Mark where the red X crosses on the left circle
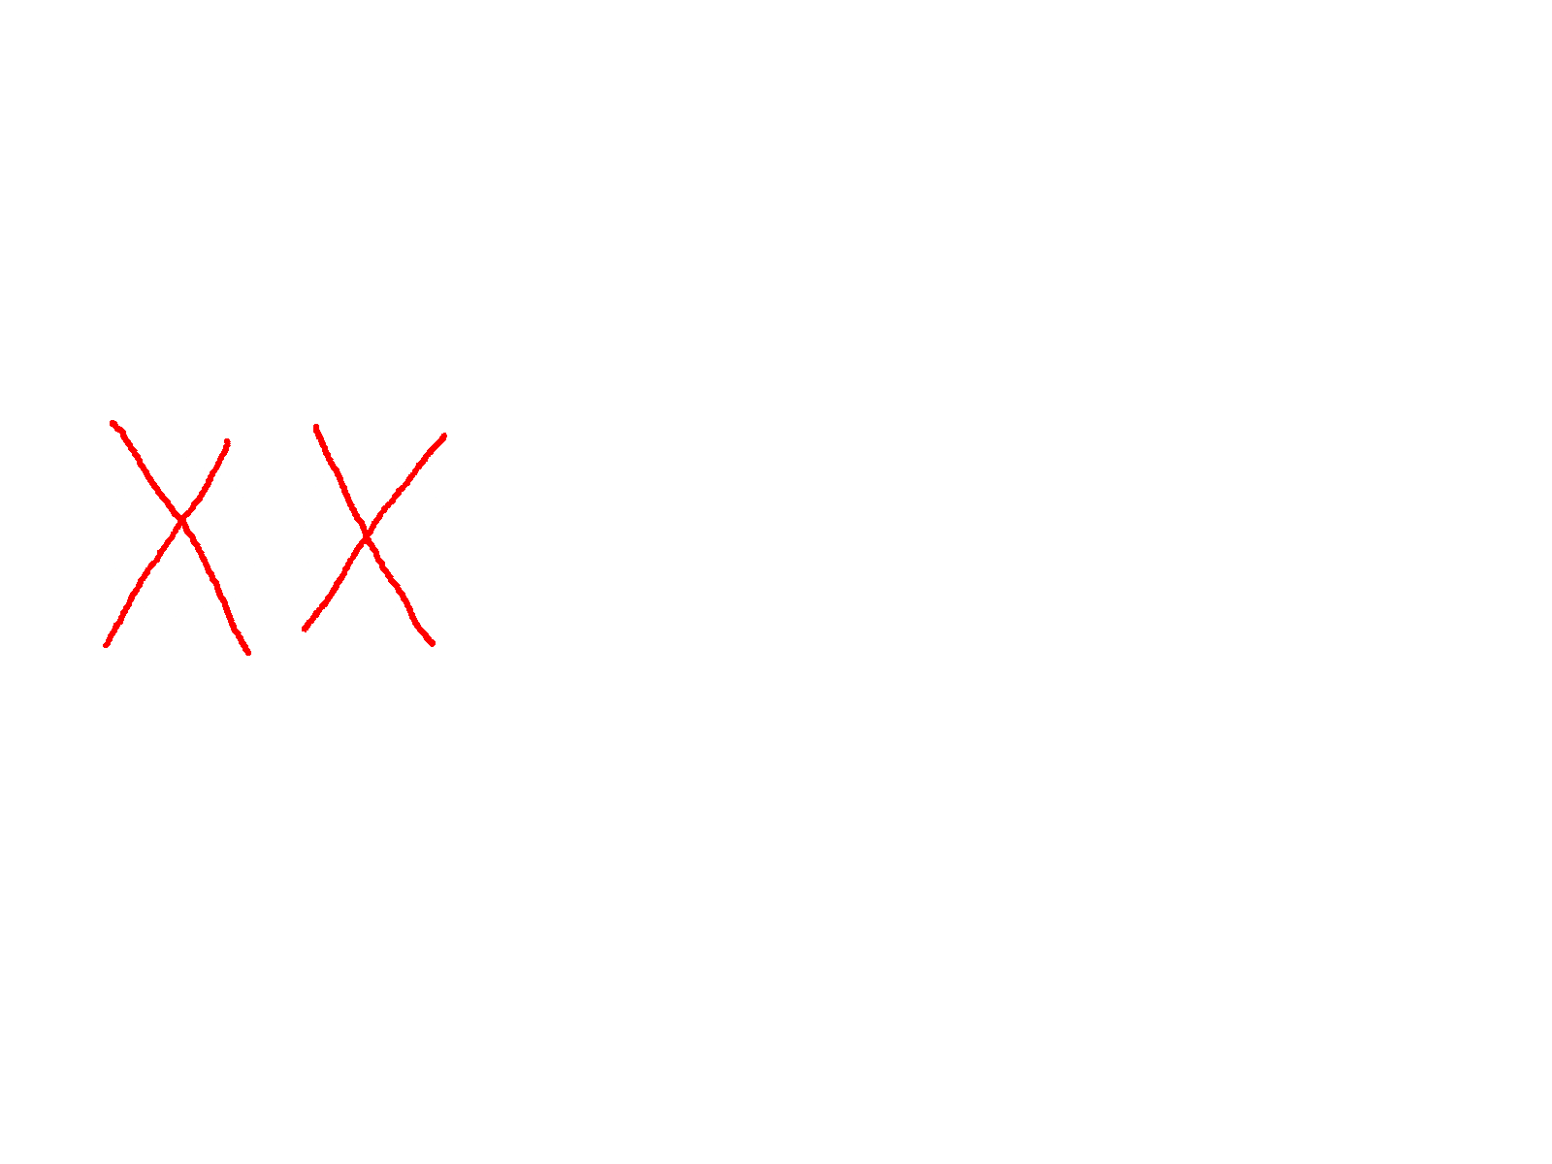click(x=181, y=525)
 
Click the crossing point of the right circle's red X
click(x=366, y=533)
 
